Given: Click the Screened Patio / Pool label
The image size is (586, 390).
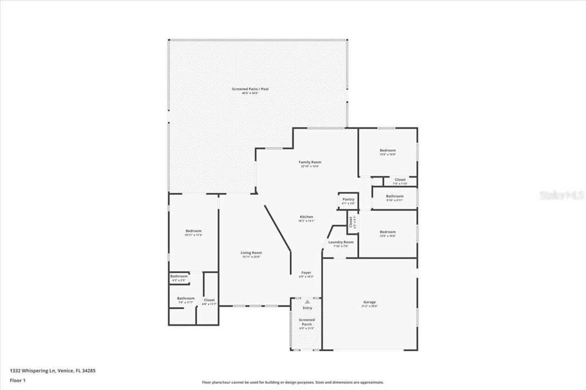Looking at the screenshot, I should coord(250,89).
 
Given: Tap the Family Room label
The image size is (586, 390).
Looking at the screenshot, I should coord(310,162).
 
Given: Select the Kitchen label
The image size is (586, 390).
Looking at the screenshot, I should coord(307,217).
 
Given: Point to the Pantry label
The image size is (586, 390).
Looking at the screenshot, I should coord(348,200).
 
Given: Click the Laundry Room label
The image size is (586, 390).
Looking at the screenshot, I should coord(340,242).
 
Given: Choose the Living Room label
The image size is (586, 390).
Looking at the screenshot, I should coord(251,253).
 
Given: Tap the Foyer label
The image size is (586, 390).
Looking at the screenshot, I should coord(307,273).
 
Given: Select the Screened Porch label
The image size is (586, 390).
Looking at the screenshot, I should coord(307,323).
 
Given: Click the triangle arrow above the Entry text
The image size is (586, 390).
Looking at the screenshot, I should coord(307,301).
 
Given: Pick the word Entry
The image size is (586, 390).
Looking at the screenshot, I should coord(307,308).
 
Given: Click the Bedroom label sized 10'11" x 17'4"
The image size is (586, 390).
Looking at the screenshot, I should coord(193,231).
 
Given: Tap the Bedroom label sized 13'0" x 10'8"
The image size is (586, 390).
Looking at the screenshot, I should coord(387,151).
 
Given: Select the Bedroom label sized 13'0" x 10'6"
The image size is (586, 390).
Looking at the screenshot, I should coord(387,232).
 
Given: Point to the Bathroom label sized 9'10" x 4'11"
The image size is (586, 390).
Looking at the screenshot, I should coord(394,197).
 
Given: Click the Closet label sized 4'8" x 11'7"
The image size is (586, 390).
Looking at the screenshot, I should coord(209,300).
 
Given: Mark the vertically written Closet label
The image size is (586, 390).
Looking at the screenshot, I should coord(351,222).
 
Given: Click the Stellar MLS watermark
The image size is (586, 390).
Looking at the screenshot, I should coord(561,195).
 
